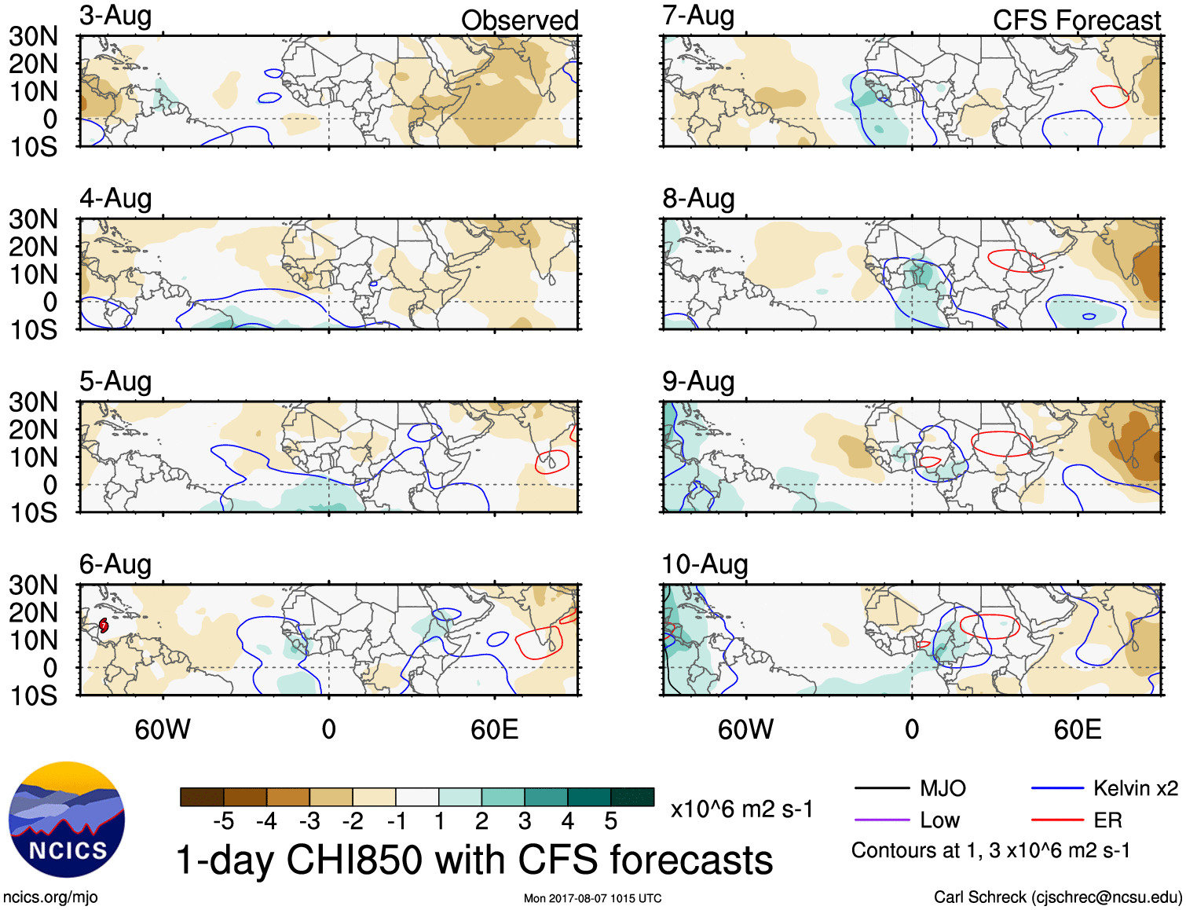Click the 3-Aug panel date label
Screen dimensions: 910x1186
coord(115,17)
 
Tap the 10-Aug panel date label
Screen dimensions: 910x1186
coord(705,564)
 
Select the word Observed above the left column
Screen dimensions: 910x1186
coord(519,20)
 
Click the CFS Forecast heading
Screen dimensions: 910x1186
coord(1076,20)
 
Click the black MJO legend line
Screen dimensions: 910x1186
coord(881,788)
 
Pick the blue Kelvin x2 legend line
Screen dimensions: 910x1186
coord(1058,788)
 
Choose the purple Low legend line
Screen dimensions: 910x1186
coord(881,820)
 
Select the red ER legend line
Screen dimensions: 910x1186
coord(1058,820)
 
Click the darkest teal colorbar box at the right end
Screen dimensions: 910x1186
coord(632,797)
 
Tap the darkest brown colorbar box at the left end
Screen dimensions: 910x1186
coord(202,797)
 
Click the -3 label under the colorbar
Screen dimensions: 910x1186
coord(309,821)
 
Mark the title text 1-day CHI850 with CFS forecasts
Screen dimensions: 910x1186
coord(474,860)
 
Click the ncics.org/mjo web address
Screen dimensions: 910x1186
coord(50,897)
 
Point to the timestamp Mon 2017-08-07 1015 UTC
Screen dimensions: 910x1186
coord(592,898)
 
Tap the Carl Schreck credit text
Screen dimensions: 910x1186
coord(1057,897)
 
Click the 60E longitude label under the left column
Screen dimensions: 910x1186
coord(494,729)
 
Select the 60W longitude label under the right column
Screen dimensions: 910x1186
coord(745,729)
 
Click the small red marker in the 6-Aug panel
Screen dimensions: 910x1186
coord(104,626)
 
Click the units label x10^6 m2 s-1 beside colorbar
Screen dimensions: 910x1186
coord(741,809)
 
